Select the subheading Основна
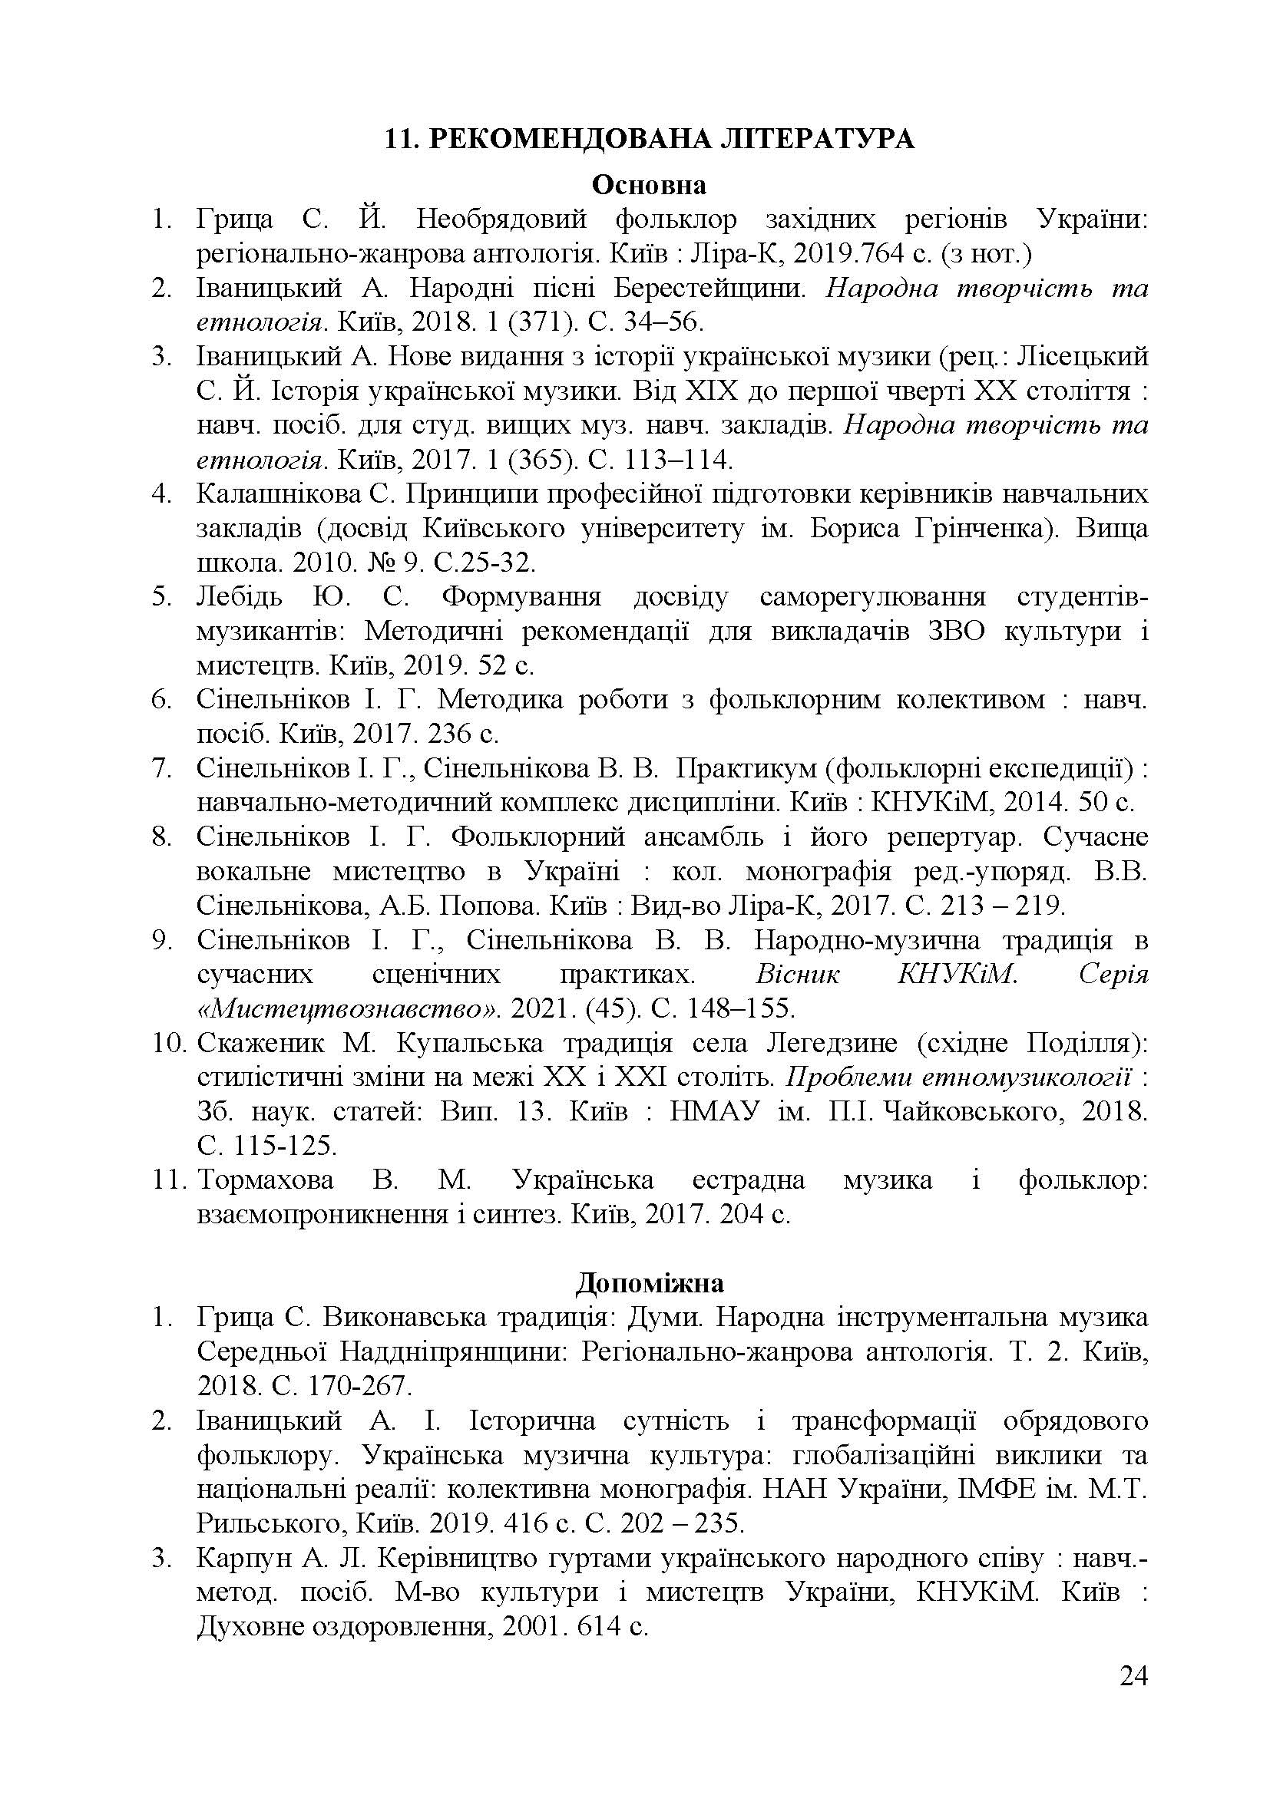pyautogui.click(x=649, y=184)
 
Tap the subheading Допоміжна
pyautogui.click(x=649, y=1283)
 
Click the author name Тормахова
pyautogui.click(x=266, y=1180)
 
